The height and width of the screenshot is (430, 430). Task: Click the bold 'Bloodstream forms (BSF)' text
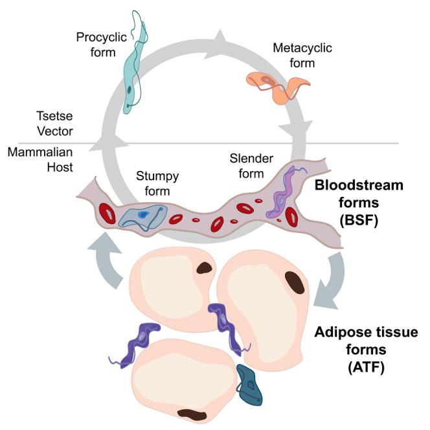point(358,202)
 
